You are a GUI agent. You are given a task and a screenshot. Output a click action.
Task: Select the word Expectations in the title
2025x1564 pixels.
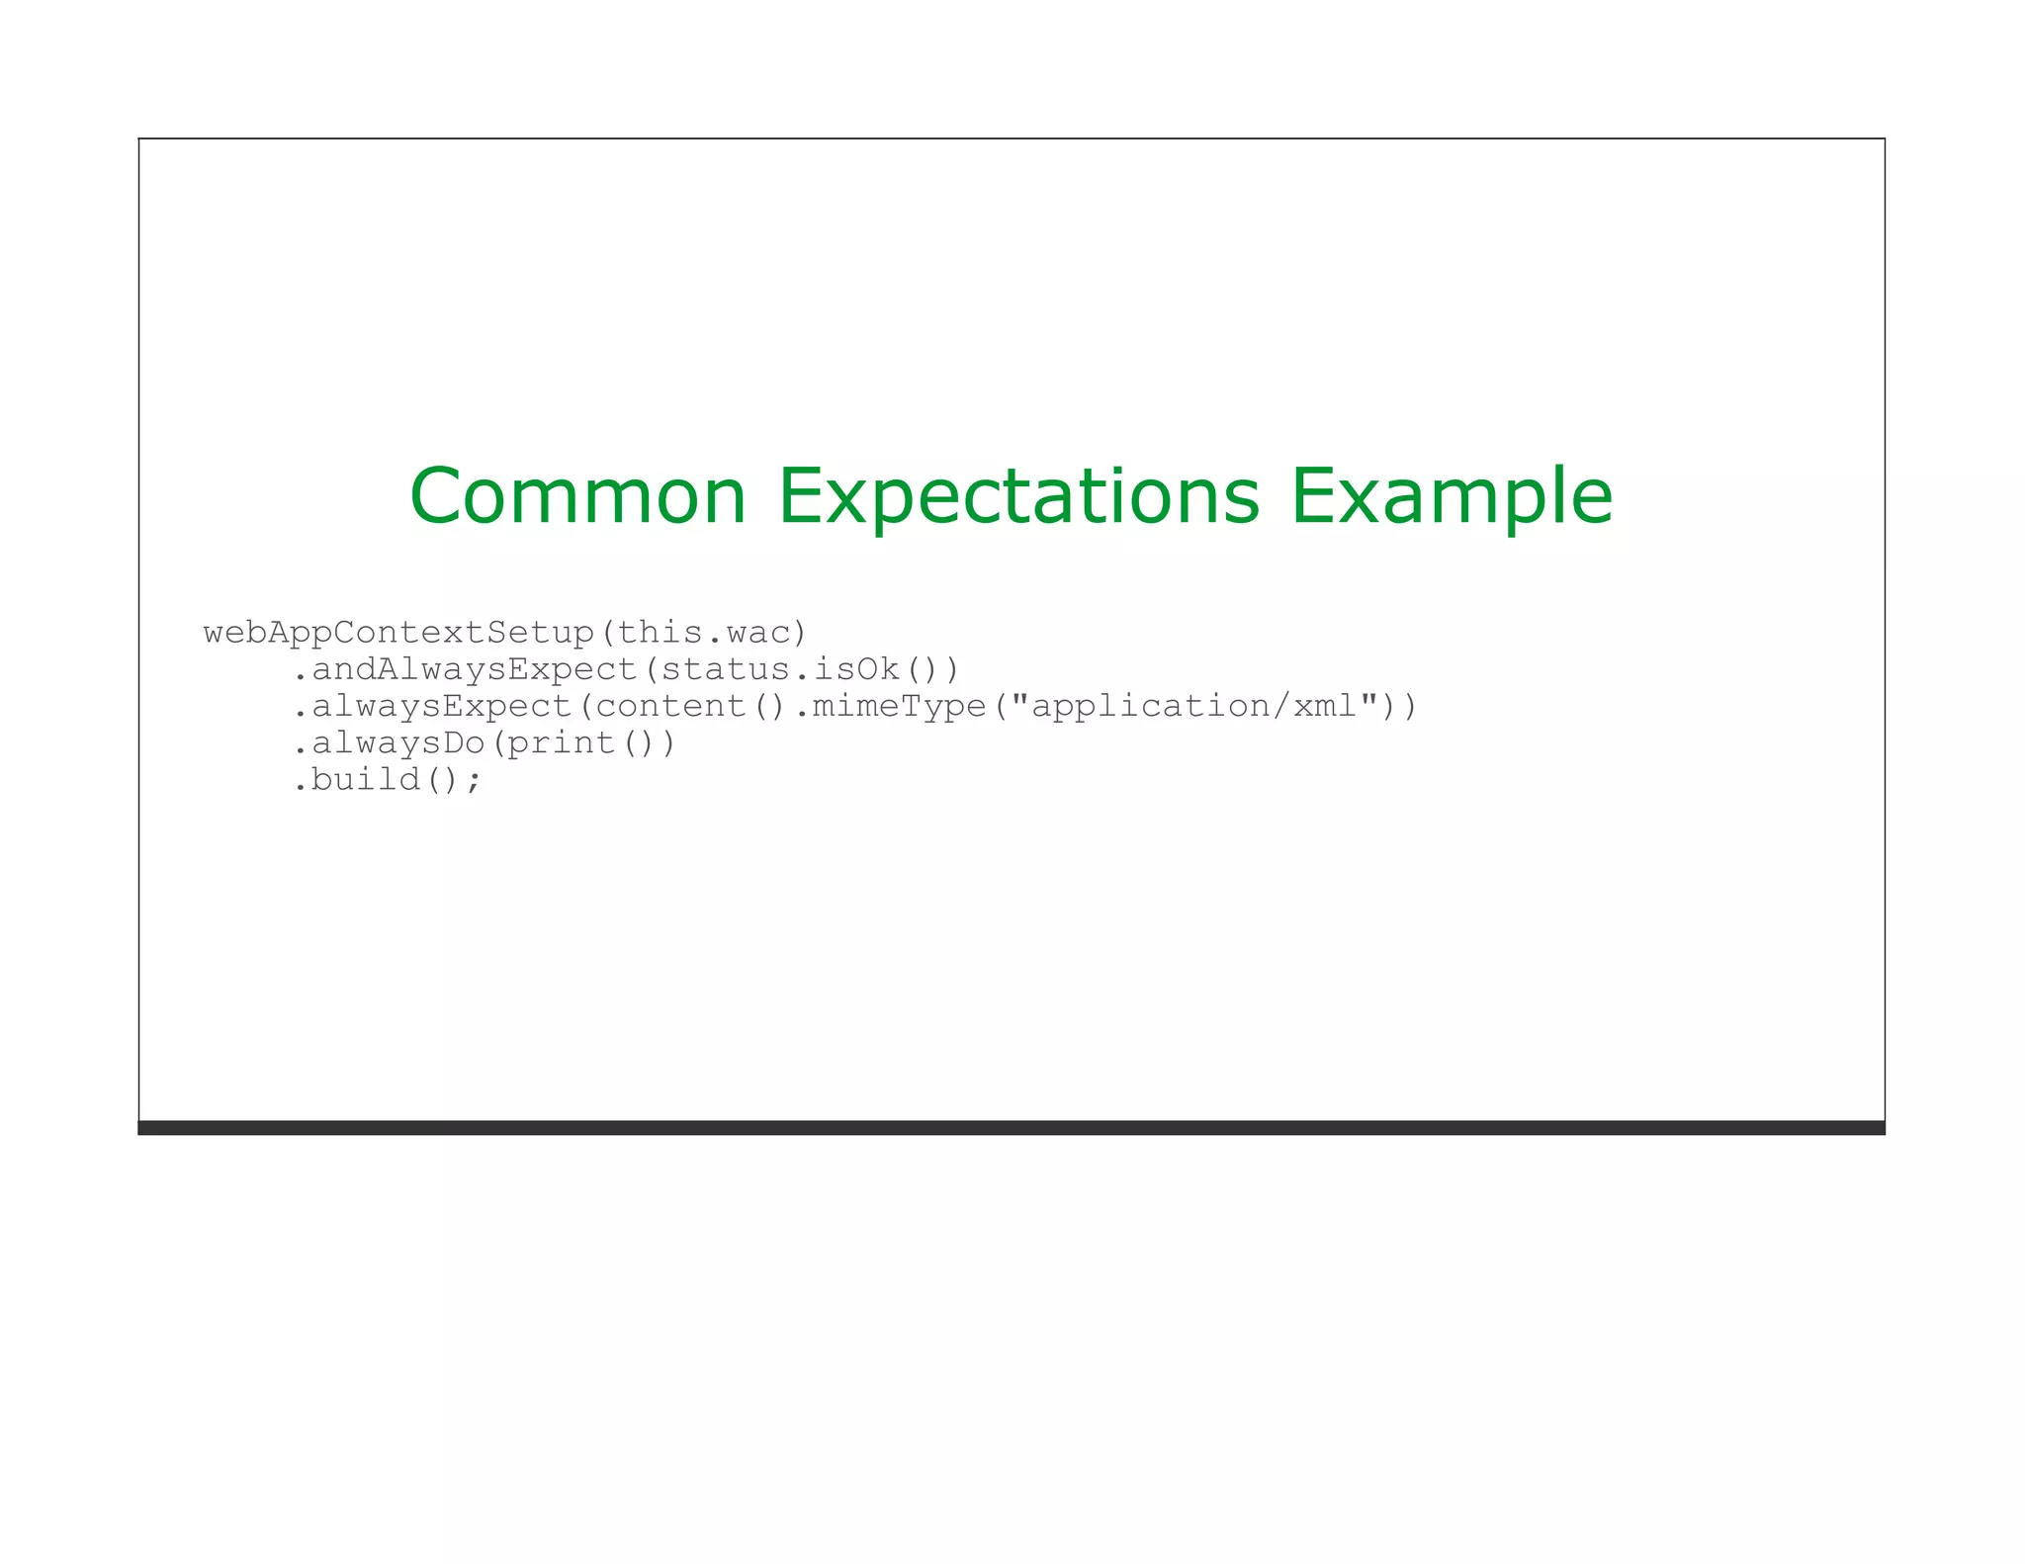click(x=1018, y=496)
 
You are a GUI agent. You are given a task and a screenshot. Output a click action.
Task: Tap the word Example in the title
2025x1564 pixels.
click(x=1452, y=496)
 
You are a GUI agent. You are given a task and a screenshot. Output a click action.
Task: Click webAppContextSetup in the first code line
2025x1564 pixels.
click(x=398, y=633)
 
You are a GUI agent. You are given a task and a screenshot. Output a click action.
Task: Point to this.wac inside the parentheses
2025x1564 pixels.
click(x=704, y=633)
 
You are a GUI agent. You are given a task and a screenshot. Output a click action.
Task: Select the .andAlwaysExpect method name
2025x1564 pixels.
click(x=465, y=669)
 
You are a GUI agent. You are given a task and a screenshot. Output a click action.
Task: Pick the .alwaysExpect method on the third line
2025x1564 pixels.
click(x=432, y=706)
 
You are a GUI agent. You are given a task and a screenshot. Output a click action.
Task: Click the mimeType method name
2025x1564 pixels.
click(x=899, y=706)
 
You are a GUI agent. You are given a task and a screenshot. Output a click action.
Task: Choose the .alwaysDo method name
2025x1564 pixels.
click(x=389, y=742)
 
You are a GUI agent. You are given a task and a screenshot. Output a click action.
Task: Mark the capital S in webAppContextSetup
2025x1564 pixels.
click(x=495, y=633)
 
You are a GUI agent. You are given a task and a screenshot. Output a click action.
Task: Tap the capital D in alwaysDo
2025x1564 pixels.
click(x=453, y=742)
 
